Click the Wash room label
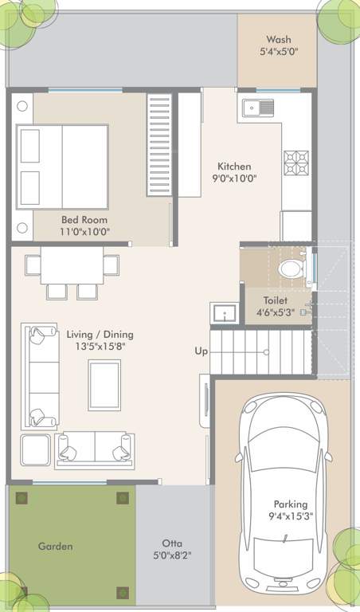tap(278, 39)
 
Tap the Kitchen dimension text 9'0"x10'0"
tap(234, 178)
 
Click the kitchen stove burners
tap(296, 162)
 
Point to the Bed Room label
tap(84, 219)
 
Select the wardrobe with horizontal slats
tap(159, 145)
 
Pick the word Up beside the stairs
tap(202, 351)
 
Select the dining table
tap(72, 265)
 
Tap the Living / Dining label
tap(100, 334)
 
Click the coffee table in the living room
tap(104, 385)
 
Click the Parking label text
tap(290, 504)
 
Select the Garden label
tap(55, 546)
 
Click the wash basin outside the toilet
tap(224, 314)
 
